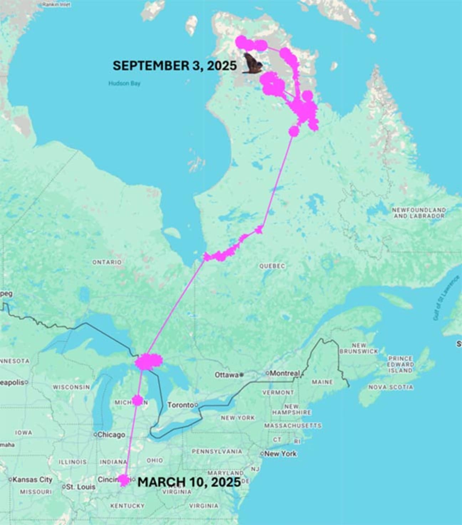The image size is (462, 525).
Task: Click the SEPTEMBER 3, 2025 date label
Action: (x=174, y=66)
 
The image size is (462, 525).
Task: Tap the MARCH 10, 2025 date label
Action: (x=189, y=482)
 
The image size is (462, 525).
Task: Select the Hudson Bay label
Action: (x=124, y=83)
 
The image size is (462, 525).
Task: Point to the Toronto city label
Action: (x=181, y=405)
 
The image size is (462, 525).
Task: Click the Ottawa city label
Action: (x=226, y=375)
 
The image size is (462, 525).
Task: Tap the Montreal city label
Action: (x=284, y=373)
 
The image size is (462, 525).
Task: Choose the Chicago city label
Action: (x=111, y=435)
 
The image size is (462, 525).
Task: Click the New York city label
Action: (x=281, y=454)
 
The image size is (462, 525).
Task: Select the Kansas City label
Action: (x=32, y=480)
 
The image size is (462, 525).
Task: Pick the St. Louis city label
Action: (x=81, y=487)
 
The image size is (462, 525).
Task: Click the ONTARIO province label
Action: (x=107, y=262)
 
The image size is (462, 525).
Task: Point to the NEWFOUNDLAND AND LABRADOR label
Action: (x=419, y=213)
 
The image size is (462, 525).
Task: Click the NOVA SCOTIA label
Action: (x=391, y=387)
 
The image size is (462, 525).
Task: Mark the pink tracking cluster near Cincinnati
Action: (x=124, y=480)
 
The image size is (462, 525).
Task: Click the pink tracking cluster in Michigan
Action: (x=137, y=400)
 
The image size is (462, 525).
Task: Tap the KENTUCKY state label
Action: (x=127, y=506)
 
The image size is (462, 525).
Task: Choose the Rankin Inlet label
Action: (x=56, y=5)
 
